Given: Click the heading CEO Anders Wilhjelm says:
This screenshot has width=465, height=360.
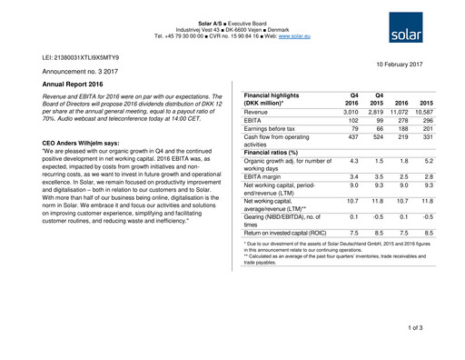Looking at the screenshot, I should (x=94, y=144).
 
